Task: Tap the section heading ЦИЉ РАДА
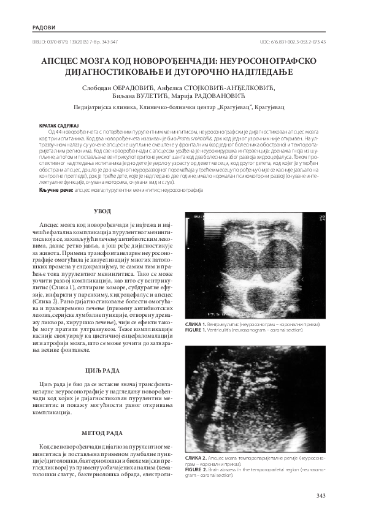click(102, 371)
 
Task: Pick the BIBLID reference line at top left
click(80, 42)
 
